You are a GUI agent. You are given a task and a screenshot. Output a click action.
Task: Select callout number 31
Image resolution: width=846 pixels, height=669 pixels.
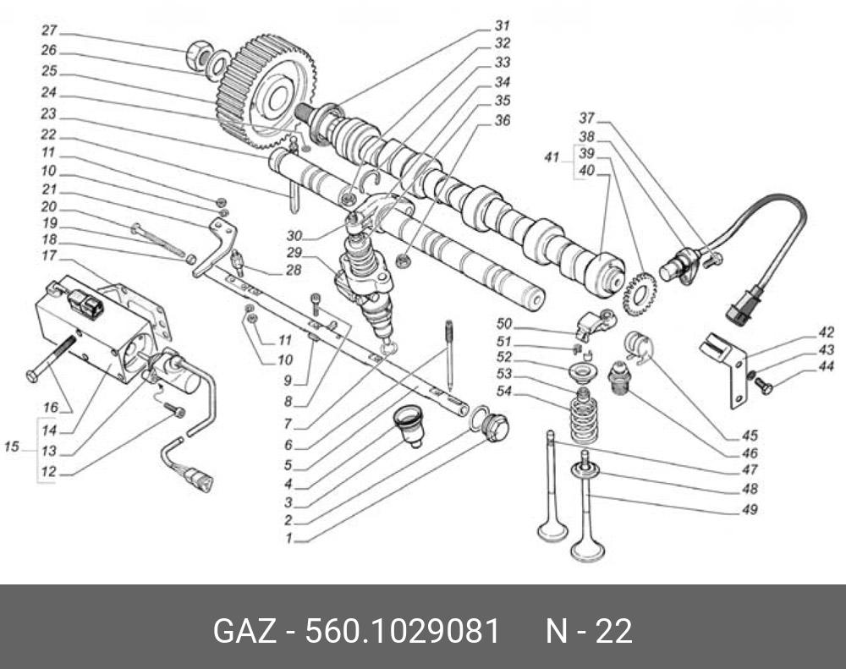coord(502,25)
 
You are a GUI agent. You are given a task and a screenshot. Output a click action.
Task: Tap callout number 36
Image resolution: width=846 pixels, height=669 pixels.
coord(502,121)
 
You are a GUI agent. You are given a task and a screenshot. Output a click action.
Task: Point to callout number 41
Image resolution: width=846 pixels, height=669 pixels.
coord(552,157)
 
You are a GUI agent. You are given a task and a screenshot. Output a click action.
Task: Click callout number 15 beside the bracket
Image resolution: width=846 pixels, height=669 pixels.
coord(12,445)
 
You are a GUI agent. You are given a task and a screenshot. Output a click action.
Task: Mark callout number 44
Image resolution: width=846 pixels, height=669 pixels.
coord(827,366)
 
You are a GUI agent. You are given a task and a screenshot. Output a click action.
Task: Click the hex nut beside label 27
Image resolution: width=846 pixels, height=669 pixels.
coord(199,57)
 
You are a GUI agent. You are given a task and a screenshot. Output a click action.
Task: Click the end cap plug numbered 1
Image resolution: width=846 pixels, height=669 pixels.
coord(494,429)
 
